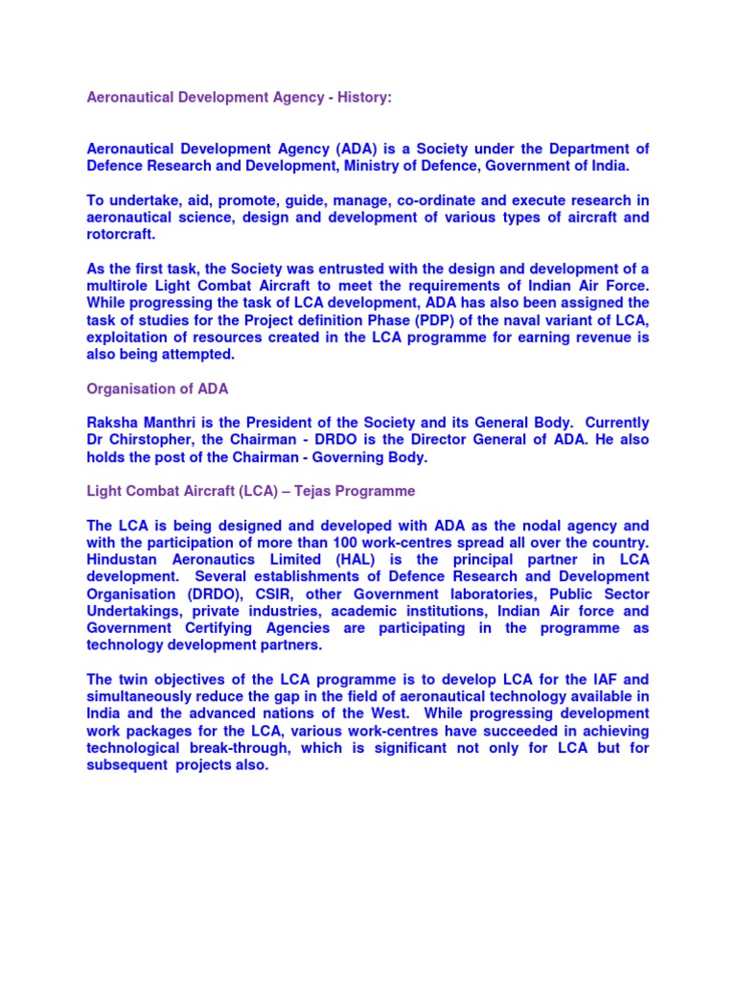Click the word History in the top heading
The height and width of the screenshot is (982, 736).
point(358,98)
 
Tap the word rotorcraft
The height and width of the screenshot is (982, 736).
point(121,235)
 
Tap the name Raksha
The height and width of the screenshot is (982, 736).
point(111,423)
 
